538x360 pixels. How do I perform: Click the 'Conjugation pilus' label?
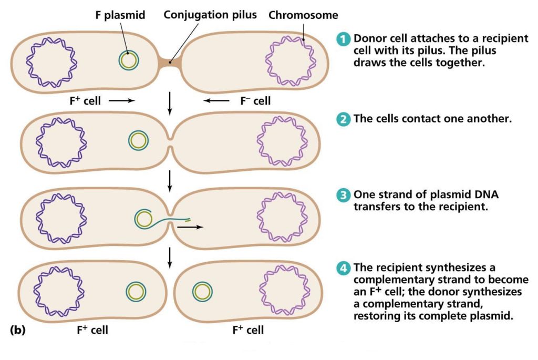tap(210, 15)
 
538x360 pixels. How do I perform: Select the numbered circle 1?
tap(343, 39)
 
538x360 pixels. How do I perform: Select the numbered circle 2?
tap(343, 119)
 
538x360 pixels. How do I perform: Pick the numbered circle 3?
tap(343, 195)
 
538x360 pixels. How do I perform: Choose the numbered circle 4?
tap(343, 268)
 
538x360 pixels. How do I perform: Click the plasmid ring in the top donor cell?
tap(129, 60)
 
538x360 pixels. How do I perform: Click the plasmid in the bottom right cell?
tap(202, 291)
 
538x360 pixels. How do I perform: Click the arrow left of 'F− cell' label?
tap(216, 100)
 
